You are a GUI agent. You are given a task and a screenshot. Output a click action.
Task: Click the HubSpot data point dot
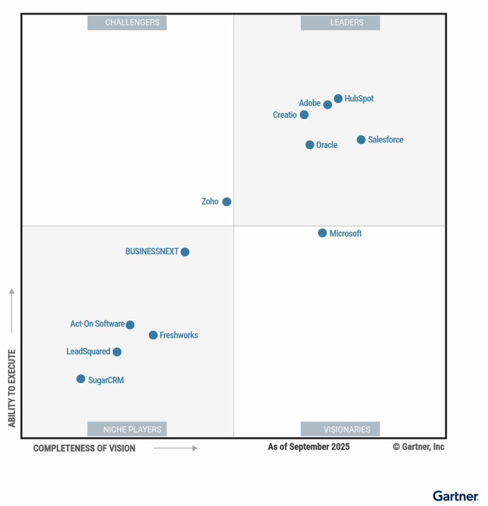[338, 99]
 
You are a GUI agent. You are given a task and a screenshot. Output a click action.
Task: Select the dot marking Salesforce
[361, 140]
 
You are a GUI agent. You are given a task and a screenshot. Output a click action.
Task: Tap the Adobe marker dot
[327, 105]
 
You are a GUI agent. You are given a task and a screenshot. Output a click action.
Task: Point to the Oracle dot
[310, 145]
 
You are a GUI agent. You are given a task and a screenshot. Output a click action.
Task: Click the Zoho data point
[226, 202]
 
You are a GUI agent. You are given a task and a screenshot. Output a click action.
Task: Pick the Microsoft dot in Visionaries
[322, 233]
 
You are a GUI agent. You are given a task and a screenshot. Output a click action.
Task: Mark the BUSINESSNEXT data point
[185, 252]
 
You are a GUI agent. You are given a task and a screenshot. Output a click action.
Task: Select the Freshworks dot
[153, 335]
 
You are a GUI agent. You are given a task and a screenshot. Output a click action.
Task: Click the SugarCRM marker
[81, 379]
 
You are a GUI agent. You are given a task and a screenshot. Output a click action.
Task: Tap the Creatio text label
[285, 115]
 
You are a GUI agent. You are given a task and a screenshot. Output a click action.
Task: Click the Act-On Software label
[97, 324]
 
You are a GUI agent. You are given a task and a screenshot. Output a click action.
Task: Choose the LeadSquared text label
[88, 352]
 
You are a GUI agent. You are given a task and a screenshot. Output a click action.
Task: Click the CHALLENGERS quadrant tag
[127, 23]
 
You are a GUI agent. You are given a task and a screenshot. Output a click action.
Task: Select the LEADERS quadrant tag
[340, 23]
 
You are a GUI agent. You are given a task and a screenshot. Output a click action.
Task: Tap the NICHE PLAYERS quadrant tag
[127, 429]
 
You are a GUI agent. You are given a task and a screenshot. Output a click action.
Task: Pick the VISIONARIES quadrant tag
[340, 429]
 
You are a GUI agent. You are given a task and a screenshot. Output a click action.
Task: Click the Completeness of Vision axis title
[84, 448]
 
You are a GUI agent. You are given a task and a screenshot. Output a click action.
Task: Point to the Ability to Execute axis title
[12, 388]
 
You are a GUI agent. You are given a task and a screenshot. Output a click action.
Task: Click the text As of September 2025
[309, 447]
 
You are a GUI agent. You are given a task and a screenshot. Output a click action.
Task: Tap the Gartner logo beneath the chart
[455, 496]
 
